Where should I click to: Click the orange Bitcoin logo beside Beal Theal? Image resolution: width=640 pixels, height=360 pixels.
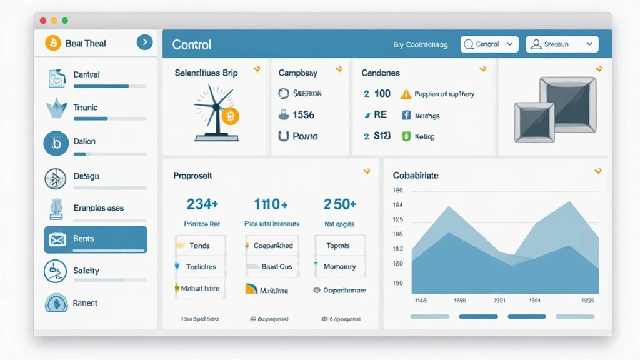pyautogui.click(x=53, y=43)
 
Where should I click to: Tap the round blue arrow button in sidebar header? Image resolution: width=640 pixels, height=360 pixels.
pyautogui.click(x=144, y=42)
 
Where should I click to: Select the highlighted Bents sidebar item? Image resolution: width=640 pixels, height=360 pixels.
pyautogui.click(x=95, y=239)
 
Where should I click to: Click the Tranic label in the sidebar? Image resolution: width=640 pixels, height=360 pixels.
pyautogui.click(x=85, y=107)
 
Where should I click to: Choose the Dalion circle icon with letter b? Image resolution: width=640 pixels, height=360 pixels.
pyautogui.click(x=56, y=143)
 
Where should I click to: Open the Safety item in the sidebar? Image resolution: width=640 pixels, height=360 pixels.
pyautogui.click(x=86, y=271)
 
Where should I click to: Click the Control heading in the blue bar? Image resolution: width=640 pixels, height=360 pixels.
pyautogui.click(x=191, y=45)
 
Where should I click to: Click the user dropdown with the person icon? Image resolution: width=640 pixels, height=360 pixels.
pyautogui.click(x=562, y=44)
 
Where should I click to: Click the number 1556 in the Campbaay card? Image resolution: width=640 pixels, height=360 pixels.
pyautogui.click(x=303, y=114)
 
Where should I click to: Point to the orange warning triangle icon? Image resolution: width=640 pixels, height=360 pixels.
pyautogui.click(x=406, y=94)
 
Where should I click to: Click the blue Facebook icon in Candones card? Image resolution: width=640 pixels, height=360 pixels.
pyautogui.click(x=406, y=115)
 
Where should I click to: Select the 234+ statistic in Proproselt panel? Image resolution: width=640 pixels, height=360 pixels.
pyautogui.click(x=202, y=204)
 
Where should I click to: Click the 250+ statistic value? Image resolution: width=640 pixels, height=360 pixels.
pyautogui.click(x=340, y=204)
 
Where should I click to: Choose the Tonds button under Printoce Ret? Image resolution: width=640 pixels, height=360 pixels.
pyautogui.click(x=199, y=246)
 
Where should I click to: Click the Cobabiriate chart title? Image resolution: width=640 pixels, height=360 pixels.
pyautogui.click(x=416, y=176)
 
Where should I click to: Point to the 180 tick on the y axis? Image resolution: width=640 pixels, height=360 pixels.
pyautogui.click(x=398, y=191)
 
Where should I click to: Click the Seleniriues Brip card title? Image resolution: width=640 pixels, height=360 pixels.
pyautogui.click(x=206, y=72)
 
